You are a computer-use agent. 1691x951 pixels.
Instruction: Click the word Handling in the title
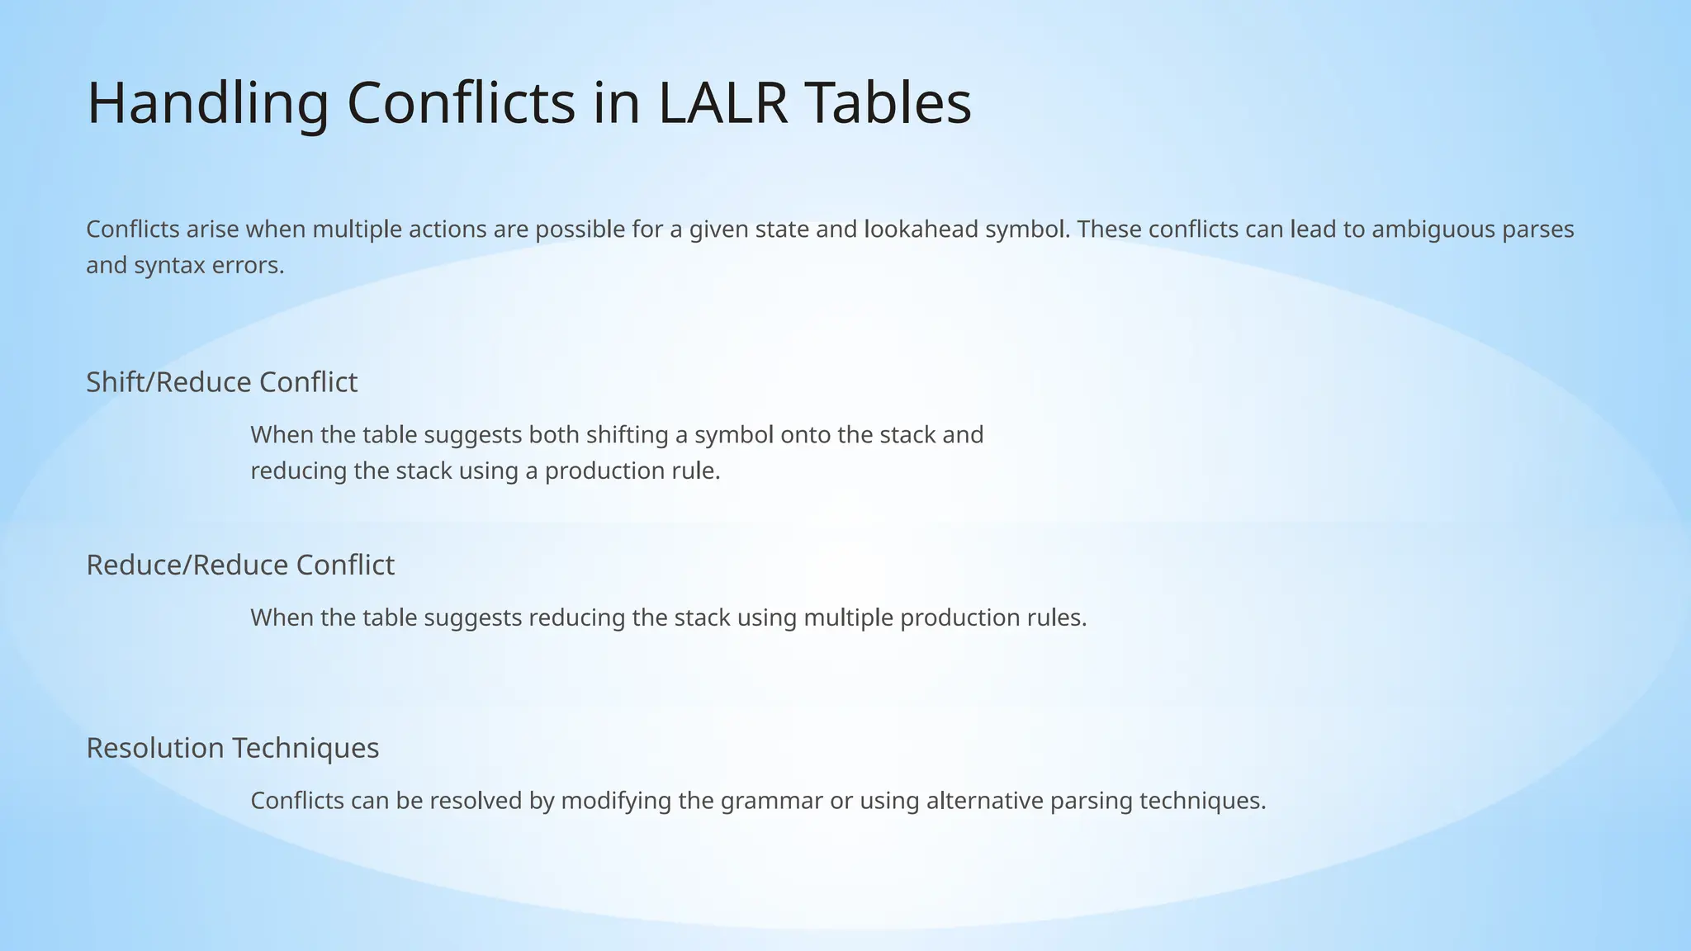tap(207, 104)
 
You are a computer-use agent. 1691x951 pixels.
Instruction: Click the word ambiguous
tap(1433, 229)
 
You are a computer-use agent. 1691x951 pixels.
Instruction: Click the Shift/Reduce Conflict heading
tap(221, 382)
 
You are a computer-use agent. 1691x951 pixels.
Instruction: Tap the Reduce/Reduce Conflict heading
tap(240, 565)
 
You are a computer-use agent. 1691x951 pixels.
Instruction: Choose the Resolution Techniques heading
tap(232, 748)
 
